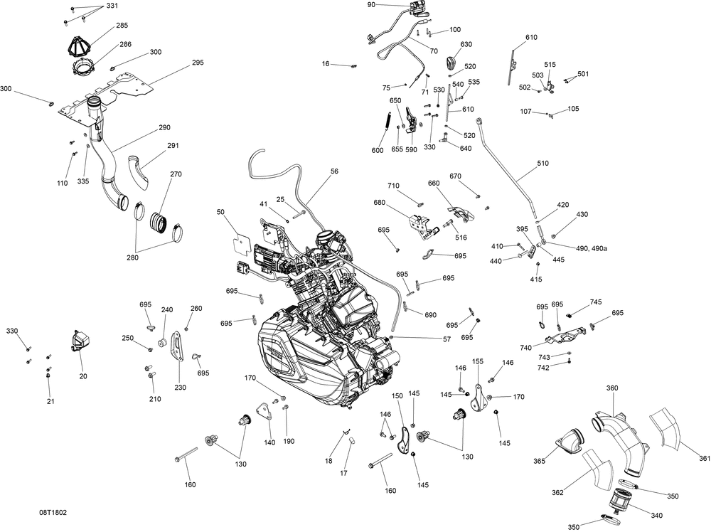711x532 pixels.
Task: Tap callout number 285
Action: click(122, 26)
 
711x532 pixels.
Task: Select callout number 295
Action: click(198, 63)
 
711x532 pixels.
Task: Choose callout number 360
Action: click(611, 388)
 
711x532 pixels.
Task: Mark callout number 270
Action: click(176, 174)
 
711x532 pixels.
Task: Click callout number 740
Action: click(526, 348)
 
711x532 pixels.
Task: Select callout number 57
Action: click(447, 339)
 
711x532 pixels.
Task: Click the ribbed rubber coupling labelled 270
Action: click(160, 220)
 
